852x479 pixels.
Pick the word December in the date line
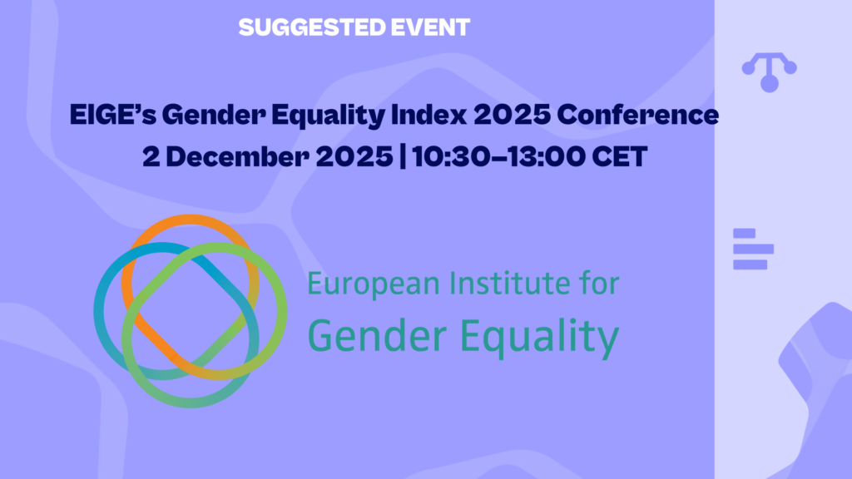point(235,157)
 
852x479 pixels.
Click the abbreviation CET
point(616,157)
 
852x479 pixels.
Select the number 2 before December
point(151,157)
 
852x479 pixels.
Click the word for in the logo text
point(598,284)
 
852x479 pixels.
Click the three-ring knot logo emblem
point(191,310)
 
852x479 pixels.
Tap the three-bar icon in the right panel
point(753,249)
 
